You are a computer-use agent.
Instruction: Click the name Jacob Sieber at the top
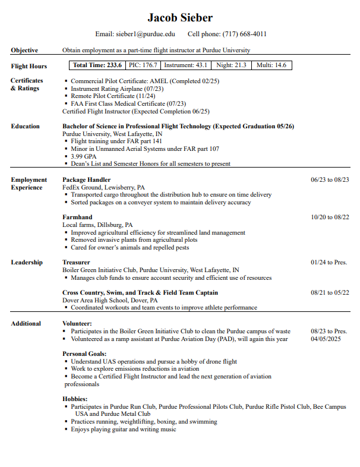click(x=180, y=18)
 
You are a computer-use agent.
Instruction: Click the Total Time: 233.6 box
click(x=97, y=65)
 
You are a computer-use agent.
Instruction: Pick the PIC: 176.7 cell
click(x=143, y=65)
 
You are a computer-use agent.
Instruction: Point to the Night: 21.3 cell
click(x=231, y=65)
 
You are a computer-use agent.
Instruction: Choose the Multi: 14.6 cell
click(x=271, y=65)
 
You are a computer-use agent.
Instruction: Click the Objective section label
click(x=24, y=51)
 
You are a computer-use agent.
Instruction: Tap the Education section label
click(x=26, y=127)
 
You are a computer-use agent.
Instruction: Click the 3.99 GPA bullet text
click(x=84, y=156)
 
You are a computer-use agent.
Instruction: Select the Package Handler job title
click(x=86, y=179)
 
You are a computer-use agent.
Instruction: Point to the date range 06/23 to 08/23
click(x=330, y=179)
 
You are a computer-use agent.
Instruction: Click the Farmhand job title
click(x=77, y=217)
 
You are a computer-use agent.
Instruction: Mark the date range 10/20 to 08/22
click(x=330, y=217)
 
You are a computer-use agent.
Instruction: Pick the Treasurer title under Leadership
click(x=76, y=262)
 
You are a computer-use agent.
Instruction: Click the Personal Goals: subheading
click(x=84, y=354)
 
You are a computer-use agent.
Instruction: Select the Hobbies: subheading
click(x=75, y=399)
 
